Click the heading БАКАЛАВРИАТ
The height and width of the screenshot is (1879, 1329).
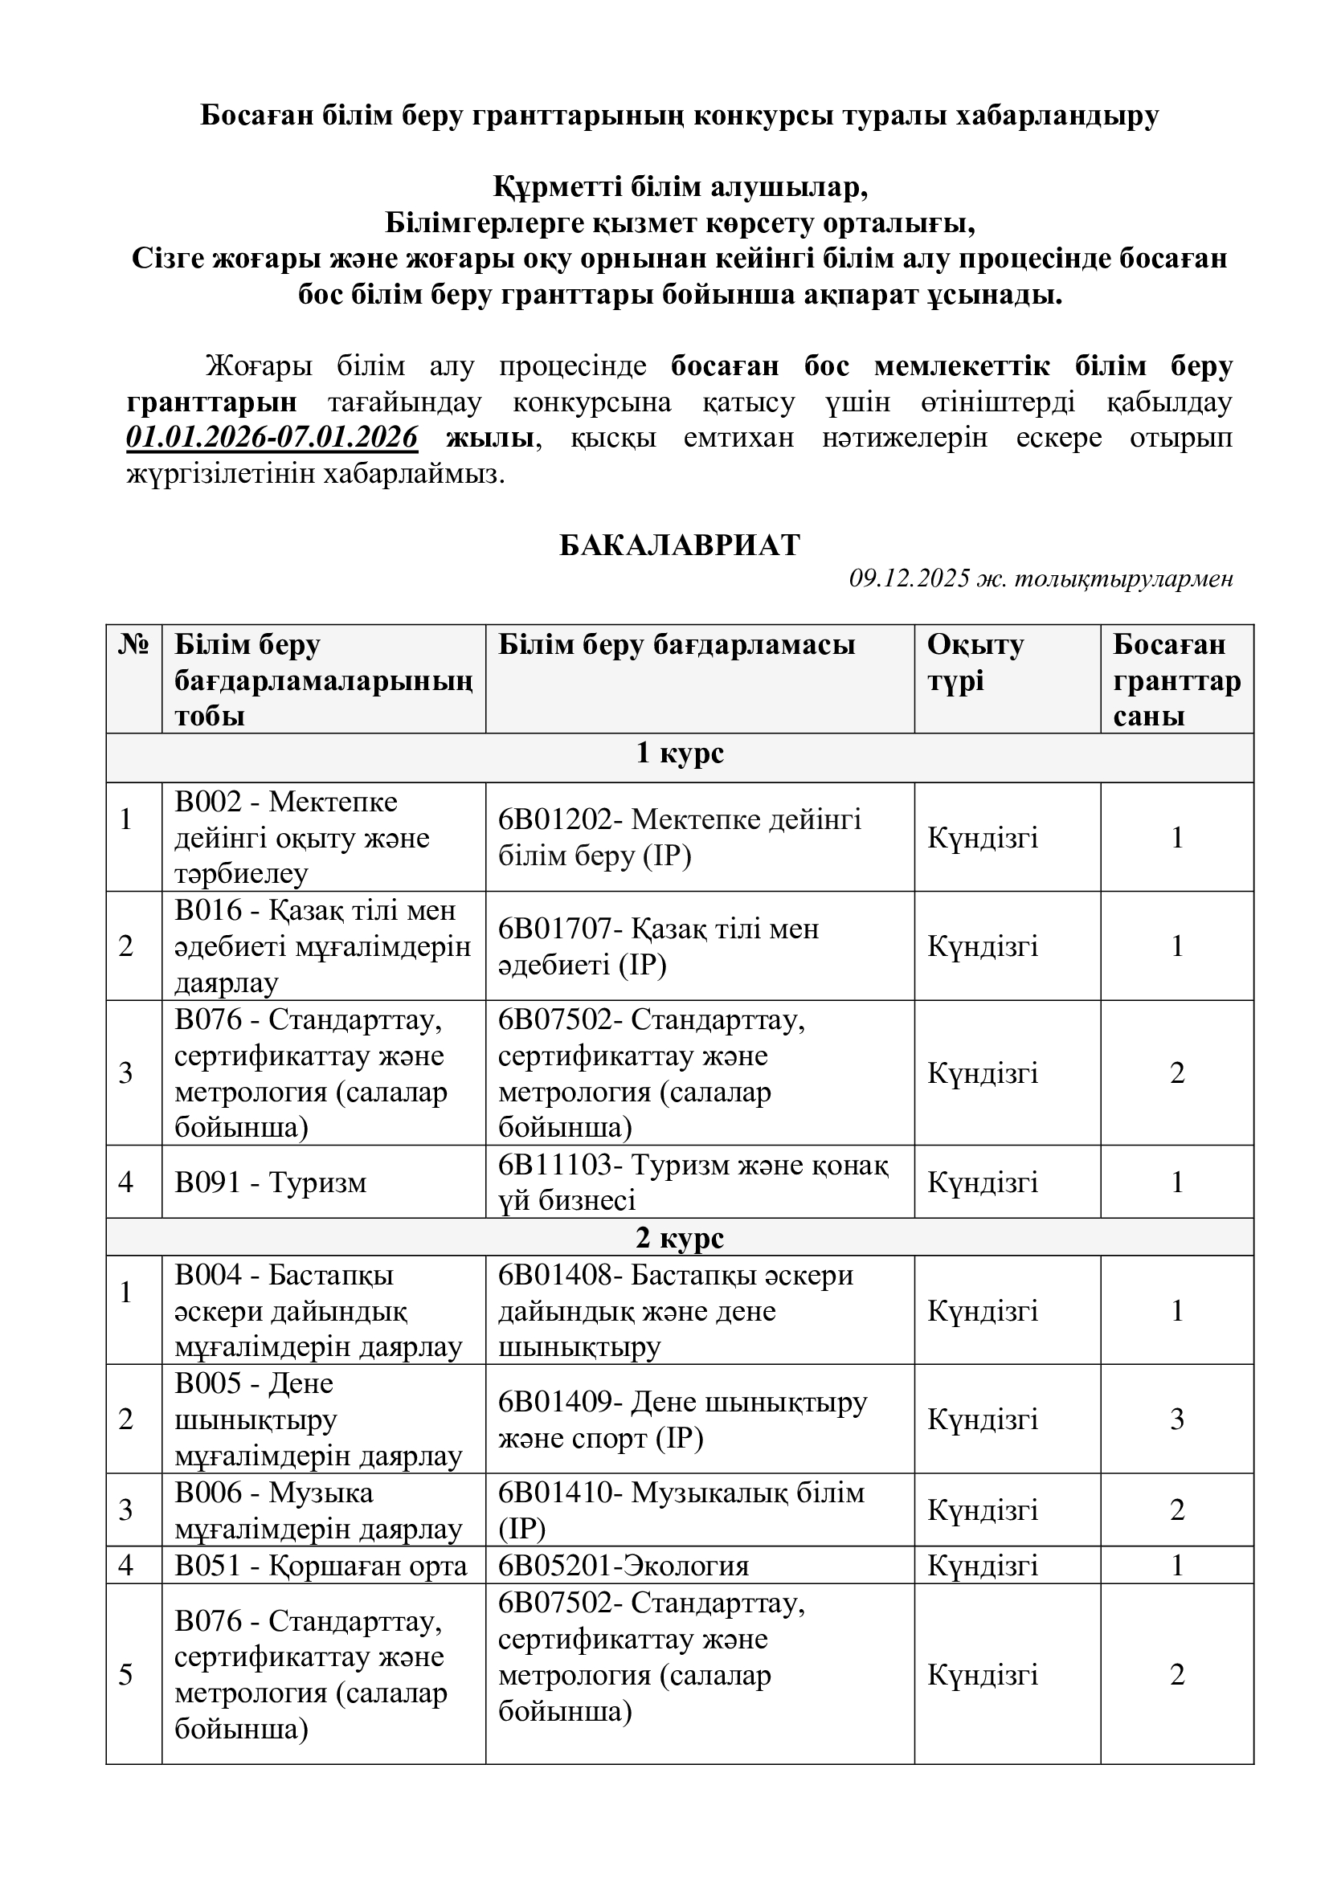pyautogui.click(x=679, y=545)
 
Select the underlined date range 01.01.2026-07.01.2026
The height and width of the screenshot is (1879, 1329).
pyautogui.click(x=272, y=438)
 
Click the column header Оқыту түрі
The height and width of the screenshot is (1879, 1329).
pyautogui.click(x=975, y=663)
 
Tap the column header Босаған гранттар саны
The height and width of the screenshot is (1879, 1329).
pyautogui.click(x=1176, y=680)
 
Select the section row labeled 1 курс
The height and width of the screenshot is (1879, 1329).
pyautogui.click(x=679, y=753)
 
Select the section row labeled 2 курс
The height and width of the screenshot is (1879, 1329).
pyautogui.click(x=679, y=1238)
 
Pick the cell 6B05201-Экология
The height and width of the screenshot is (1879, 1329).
pyautogui.click(x=624, y=1566)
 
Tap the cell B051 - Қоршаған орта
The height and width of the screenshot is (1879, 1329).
pyautogui.click(x=321, y=1566)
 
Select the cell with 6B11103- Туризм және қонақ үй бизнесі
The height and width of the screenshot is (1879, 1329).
pyautogui.click(x=693, y=1183)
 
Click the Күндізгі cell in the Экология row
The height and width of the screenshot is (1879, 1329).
pyautogui.click(x=982, y=1566)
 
